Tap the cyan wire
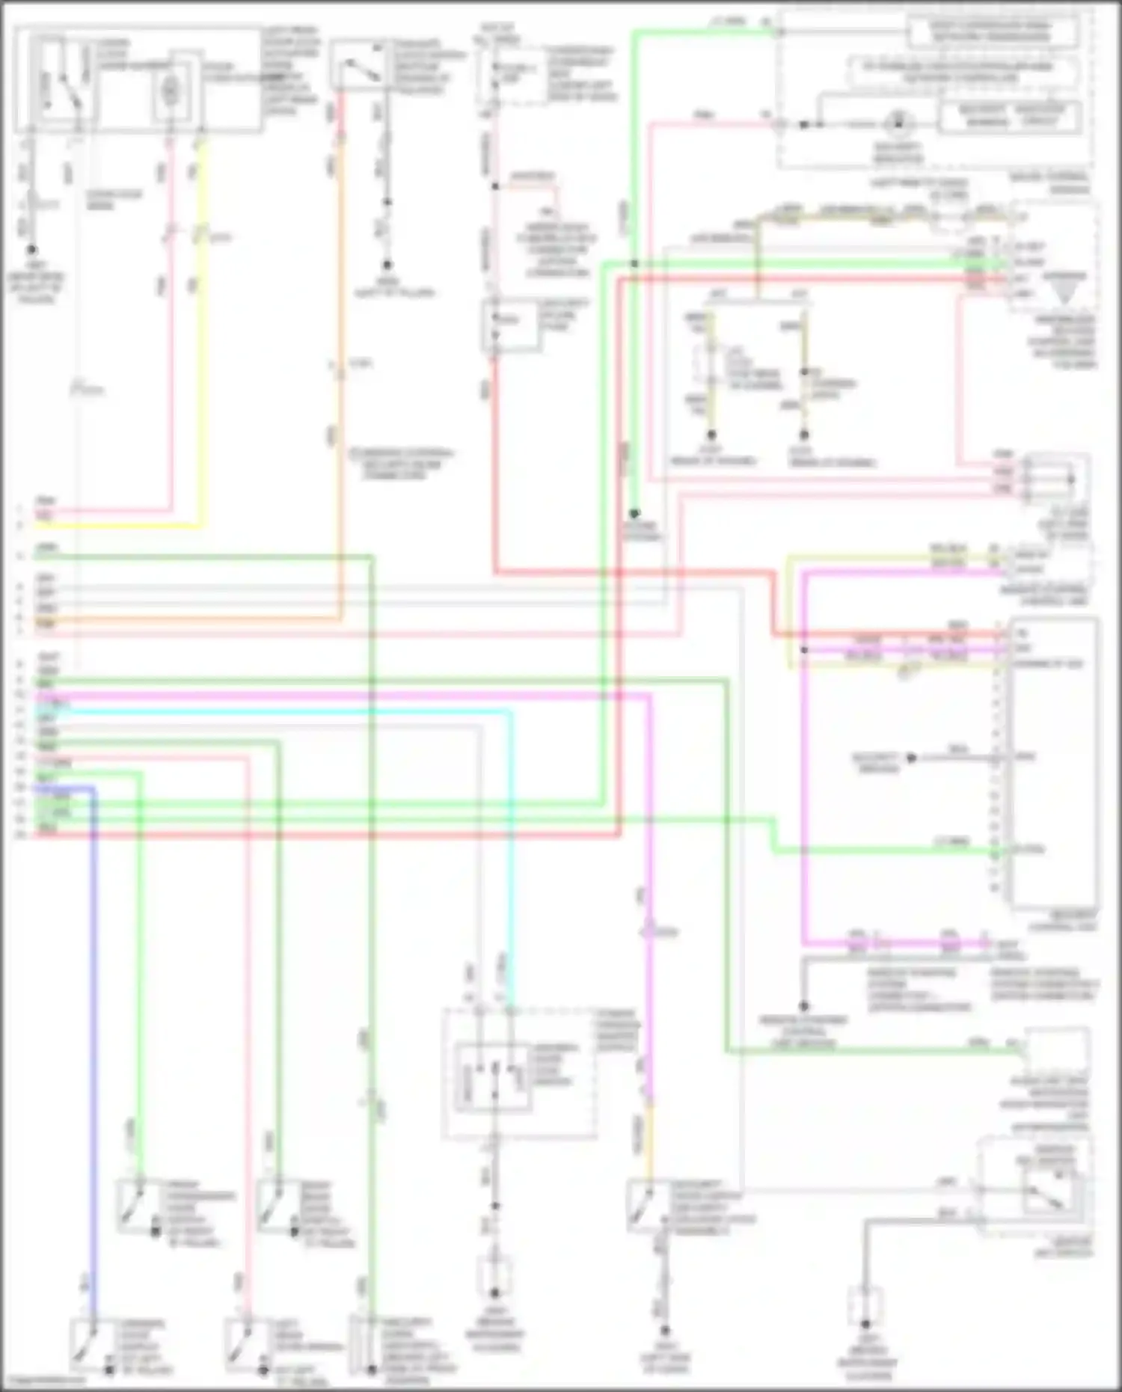click(x=512, y=823)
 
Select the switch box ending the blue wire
click(x=91, y=1342)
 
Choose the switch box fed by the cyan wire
click(x=494, y=1077)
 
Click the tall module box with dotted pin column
click(x=1053, y=763)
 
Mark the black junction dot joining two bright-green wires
click(x=634, y=264)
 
